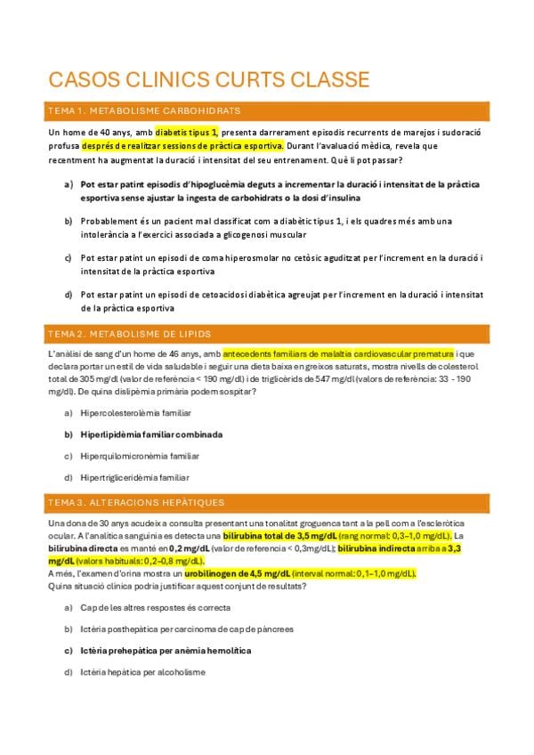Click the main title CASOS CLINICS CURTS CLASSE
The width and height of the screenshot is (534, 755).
209,80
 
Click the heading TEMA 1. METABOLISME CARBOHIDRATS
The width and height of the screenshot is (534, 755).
143,110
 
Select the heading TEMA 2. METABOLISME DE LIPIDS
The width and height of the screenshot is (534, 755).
129,334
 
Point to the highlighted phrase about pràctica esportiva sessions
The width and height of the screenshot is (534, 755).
182,145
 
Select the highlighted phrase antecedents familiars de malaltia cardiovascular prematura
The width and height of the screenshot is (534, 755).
338,353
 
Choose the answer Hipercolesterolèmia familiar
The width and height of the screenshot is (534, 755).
135,413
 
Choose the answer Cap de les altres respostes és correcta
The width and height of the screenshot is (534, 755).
155,607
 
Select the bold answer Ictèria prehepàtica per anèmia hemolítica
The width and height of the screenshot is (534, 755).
166,651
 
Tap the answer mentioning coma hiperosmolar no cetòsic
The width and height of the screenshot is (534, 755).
281,264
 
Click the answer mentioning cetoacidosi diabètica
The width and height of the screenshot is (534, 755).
281,300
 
